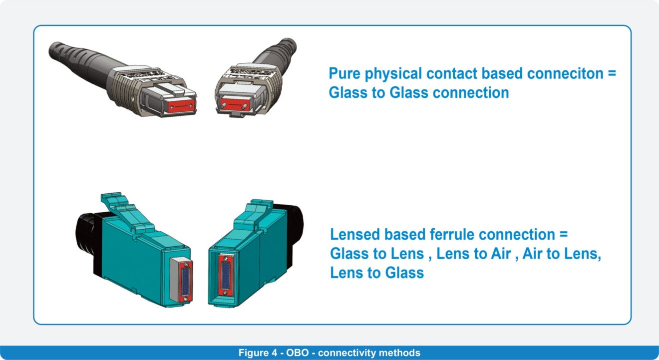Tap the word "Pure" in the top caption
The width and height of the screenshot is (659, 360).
point(344,73)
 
